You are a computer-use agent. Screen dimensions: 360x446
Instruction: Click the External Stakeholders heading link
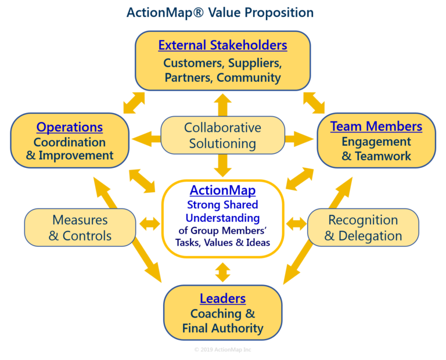point(222,45)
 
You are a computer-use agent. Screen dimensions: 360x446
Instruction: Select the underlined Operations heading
point(70,127)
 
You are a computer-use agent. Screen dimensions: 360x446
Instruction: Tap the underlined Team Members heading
point(376,126)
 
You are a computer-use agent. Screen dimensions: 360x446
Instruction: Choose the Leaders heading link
point(222,298)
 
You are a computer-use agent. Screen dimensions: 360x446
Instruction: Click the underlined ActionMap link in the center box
point(222,190)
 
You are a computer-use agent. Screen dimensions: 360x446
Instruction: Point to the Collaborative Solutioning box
point(222,135)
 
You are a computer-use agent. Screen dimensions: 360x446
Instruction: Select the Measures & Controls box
point(80,228)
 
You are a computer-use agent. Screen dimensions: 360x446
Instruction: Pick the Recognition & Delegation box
point(362,228)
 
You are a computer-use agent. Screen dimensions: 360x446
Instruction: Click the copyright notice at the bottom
point(222,350)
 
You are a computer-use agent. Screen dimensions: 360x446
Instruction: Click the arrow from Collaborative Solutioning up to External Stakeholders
point(222,105)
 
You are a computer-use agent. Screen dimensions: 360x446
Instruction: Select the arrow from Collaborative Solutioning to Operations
point(145,138)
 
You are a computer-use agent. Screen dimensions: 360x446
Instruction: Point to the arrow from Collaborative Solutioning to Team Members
point(300,138)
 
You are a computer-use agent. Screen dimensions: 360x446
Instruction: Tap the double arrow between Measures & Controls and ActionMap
point(149,224)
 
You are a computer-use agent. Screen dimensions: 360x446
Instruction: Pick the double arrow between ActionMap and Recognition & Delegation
point(296,223)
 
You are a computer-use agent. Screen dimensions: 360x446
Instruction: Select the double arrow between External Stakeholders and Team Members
point(314,102)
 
